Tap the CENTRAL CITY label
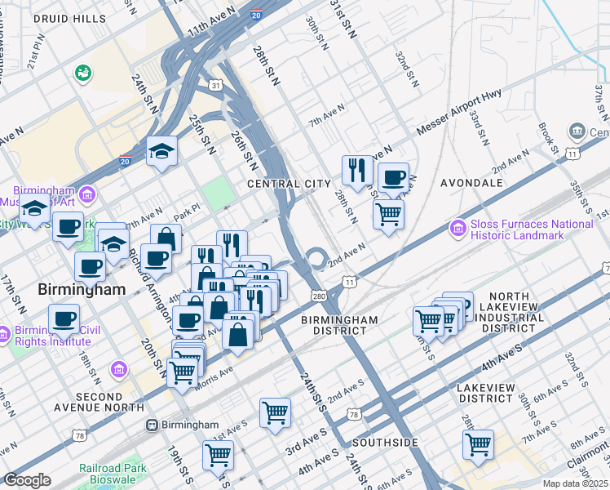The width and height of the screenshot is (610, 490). tap(290, 185)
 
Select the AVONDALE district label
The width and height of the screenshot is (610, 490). tap(471, 183)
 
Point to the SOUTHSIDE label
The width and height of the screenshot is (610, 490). tap(385, 443)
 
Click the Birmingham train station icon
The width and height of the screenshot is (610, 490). tap(152, 425)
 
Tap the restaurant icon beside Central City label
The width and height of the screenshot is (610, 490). tap(357, 171)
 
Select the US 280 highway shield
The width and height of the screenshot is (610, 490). tap(318, 296)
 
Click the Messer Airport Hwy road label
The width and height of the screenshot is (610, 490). tap(463, 115)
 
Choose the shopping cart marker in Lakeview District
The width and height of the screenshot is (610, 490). tap(478, 445)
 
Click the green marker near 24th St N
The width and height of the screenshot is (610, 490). tap(82, 73)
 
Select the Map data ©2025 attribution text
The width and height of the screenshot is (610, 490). tap(575, 483)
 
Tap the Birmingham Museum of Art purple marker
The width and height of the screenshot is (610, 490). tap(88, 195)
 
